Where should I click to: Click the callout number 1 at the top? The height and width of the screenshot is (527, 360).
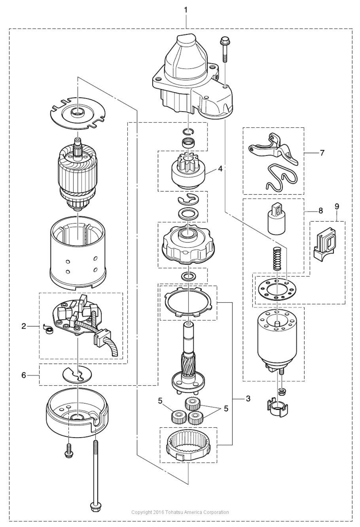(186, 10)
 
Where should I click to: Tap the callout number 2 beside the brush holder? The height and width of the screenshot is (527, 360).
(24, 326)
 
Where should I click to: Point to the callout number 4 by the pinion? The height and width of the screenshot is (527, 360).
(220, 169)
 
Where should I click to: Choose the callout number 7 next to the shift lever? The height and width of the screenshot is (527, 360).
(322, 153)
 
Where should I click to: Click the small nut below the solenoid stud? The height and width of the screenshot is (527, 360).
(281, 392)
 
